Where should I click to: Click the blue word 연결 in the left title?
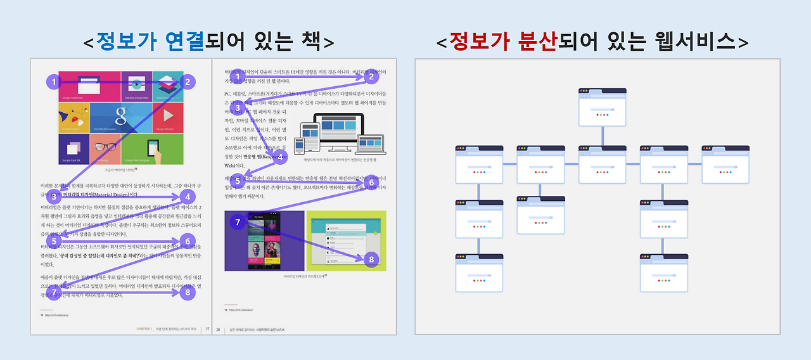[182, 42]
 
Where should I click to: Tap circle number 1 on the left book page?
[54, 82]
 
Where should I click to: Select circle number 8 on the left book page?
[187, 292]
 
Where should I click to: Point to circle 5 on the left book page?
[54, 241]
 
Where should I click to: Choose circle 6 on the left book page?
[187, 241]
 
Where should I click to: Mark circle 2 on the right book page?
[371, 77]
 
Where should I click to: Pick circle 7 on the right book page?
[238, 222]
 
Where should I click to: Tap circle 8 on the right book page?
[371, 259]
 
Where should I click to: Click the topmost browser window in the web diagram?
[602, 106]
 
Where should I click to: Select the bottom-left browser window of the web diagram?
[479, 273]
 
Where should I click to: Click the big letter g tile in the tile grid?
[121, 117]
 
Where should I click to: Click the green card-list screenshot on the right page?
[345, 241]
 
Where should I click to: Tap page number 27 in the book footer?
[207, 329]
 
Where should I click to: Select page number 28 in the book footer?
[219, 329]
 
